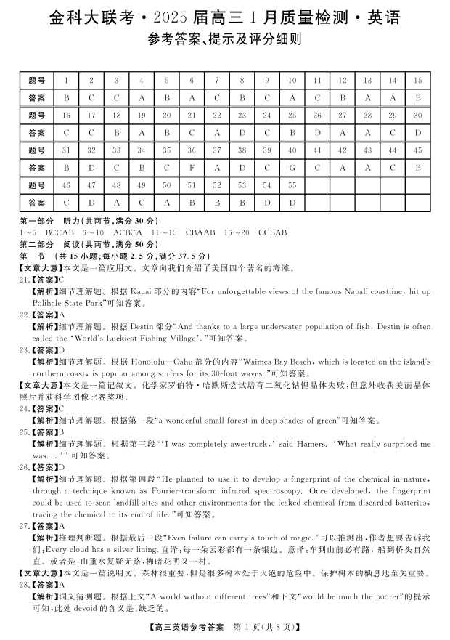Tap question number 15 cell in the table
pyautogui.click(x=417, y=81)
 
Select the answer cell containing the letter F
pyautogui.click(x=192, y=168)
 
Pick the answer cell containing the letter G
pyautogui.click(x=292, y=168)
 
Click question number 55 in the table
pyautogui.click(x=292, y=185)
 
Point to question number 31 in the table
pyautogui.click(x=67, y=150)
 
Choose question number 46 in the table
pyautogui.click(x=67, y=185)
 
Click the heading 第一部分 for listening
pyautogui.click(x=36, y=221)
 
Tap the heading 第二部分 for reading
pyautogui.click(x=36, y=244)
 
